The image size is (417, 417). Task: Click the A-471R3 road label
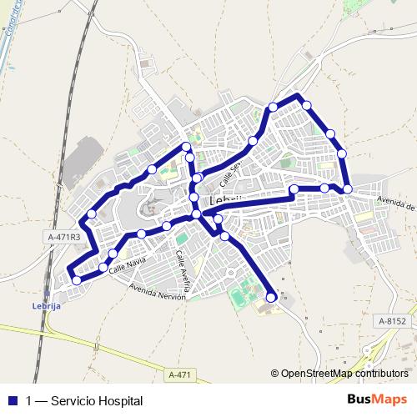pyautogui.click(x=63, y=237)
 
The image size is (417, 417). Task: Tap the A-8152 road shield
pyautogui.click(x=392, y=320)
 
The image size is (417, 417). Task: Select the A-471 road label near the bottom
pyautogui.click(x=179, y=374)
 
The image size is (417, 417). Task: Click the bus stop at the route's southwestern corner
pyautogui.click(x=77, y=280)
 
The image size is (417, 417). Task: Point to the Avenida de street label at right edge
pyautogui.click(x=396, y=203)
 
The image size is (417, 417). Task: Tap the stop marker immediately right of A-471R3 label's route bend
pyautogui.click(x=92, y=214)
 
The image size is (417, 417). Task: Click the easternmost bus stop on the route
pyautogui.click(x=348, y=189)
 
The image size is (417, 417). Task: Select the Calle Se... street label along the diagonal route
pyautogui.click(x=229, y=173)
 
